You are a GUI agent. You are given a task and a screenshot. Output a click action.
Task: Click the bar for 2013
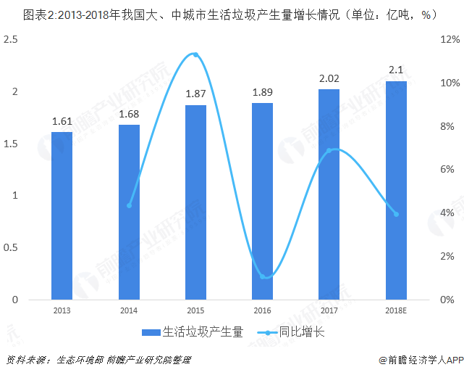coord(62,215)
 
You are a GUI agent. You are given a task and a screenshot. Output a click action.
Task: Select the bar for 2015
coord(195,202)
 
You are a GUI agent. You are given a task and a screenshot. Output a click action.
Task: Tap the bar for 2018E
coord(396,190)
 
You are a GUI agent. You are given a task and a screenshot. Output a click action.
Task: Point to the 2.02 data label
coord(329,78)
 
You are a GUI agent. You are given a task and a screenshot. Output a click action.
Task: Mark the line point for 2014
coord(129,205)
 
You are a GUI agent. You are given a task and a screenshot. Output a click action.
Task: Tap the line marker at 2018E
coord(396,214)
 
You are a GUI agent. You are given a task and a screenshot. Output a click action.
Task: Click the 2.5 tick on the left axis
coord(10,40)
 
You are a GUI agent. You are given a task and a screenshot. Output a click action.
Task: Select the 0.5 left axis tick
coord(10,248)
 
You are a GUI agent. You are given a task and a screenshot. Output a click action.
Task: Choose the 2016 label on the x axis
coord(263,310)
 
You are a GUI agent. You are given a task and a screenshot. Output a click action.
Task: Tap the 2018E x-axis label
coord(396,310)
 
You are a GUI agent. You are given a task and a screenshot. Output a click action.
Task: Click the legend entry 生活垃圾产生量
coord(193,332)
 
